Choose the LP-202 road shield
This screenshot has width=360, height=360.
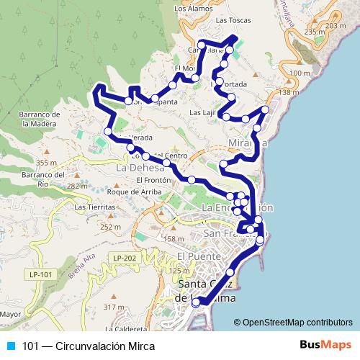(124, 257)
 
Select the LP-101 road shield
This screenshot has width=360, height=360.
(41, 274)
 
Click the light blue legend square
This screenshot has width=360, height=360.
(10, 346)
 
